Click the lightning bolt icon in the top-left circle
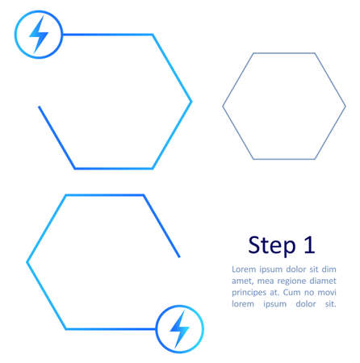tap(38, 35)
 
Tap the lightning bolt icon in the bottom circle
tap(179, 329)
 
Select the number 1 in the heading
tap(308, 244)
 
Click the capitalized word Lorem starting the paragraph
tap(243, 269)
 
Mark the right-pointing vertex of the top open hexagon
tap(191, 102)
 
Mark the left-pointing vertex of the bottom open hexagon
tap(27, 262)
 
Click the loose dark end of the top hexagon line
tap(39, 106)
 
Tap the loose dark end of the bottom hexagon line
tap(179, 257)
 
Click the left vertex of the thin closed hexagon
tap(223, 106)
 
